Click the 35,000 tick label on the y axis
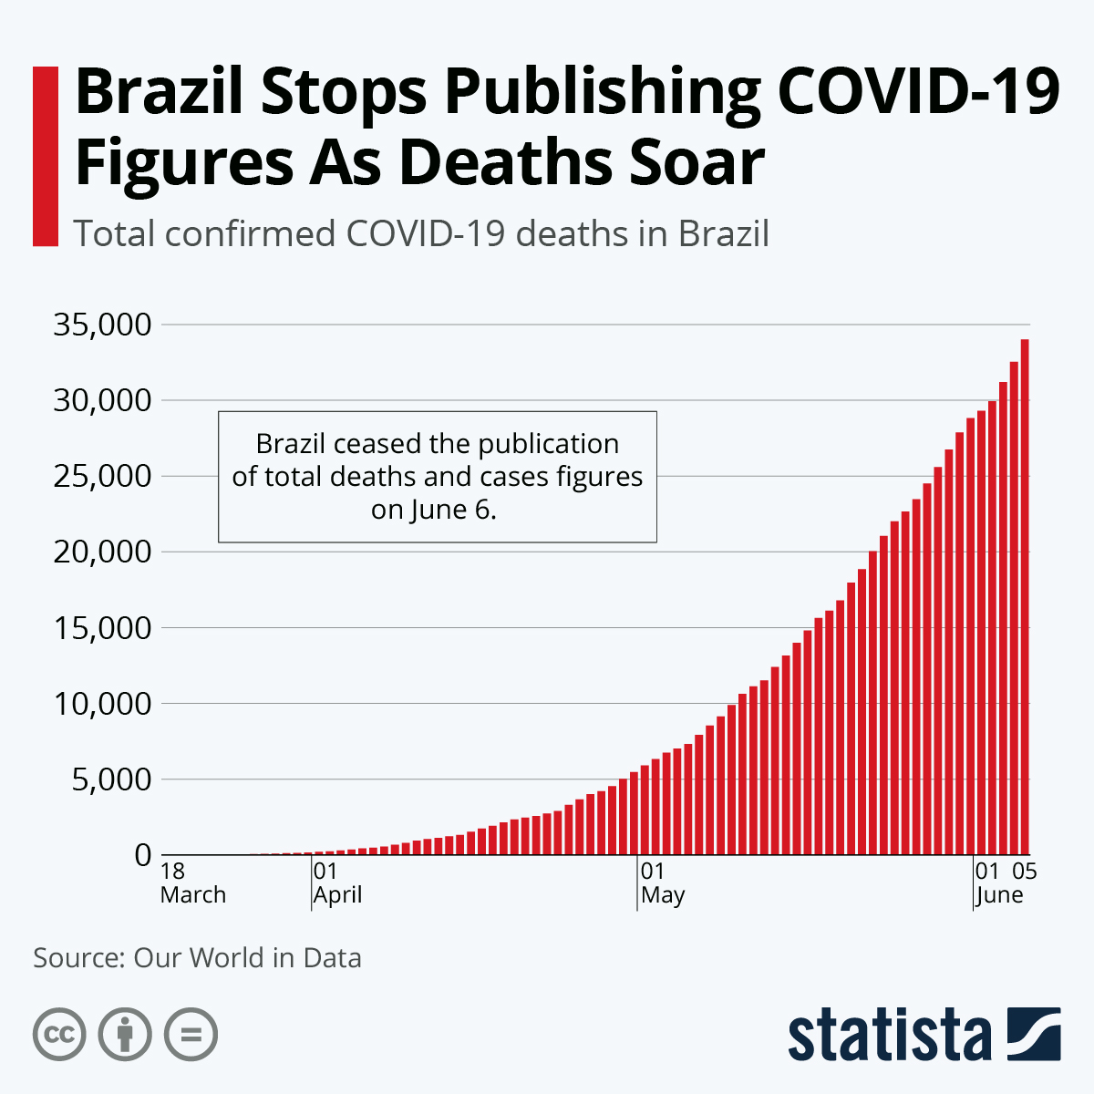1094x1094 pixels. [x=101, y=325]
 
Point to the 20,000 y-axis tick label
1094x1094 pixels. [x=101, y=552]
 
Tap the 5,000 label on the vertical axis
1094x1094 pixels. [x=109, y=779]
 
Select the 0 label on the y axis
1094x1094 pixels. [x=142, y=855]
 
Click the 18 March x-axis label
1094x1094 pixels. [x=192, y=883]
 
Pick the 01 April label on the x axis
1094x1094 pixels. [x=337, y=883]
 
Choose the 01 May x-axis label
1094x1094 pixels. [x=663, y=883]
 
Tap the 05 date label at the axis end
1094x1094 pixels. [x=1025, y=872]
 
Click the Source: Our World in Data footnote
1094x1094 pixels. [x=197, y=958]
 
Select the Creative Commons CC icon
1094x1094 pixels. [x=59, y=1035]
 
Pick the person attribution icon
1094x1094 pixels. [x=125, y=1035]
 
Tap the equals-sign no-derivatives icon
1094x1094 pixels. [x=191, y=1035]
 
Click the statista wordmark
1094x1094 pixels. [x=890, y=1036]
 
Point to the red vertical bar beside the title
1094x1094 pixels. [x=46, y=156]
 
